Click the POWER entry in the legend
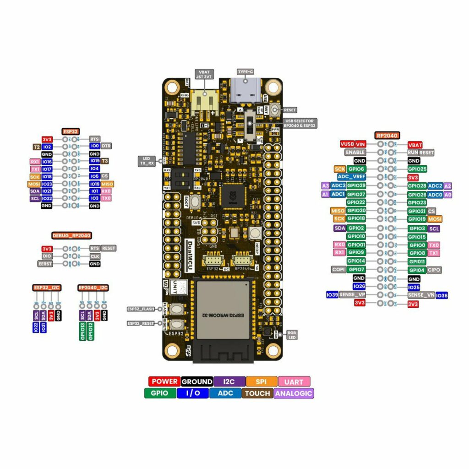tap(164, 382)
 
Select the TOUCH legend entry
tap(256, 393)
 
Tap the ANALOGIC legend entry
tap(294, 393)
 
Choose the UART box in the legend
tap(294, 382)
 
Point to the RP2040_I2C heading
tap(93, 288)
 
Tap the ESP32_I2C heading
tap(47, 288)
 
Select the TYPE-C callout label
tap(245, 72)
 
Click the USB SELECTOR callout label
tap(300, 123)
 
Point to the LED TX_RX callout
tap(147, 161)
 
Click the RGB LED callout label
tap(291, 335)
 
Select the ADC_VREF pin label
tap(351, 177)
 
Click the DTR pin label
tap(106, 146)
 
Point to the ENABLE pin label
tap(355, 152)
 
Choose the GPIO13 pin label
tap(82, 331)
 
